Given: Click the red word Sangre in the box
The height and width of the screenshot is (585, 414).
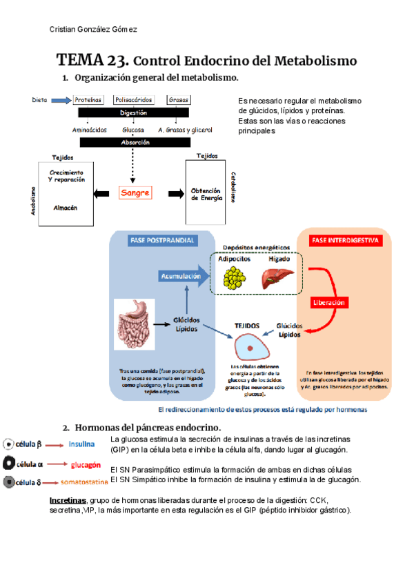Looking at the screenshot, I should (135, 193).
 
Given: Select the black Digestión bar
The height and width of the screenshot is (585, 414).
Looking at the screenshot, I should (133, 112).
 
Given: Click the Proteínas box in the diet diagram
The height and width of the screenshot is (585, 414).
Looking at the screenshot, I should (88, 100).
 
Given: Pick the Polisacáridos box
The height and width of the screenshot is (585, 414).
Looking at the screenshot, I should (134, 100).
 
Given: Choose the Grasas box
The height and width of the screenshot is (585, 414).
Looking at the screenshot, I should (178, 100).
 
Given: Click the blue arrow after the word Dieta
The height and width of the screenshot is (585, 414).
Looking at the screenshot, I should (61, 100).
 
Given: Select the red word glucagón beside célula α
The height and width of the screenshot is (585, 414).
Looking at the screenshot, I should (84, 464).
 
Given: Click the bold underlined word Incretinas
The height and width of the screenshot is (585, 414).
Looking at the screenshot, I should (68, 499).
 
